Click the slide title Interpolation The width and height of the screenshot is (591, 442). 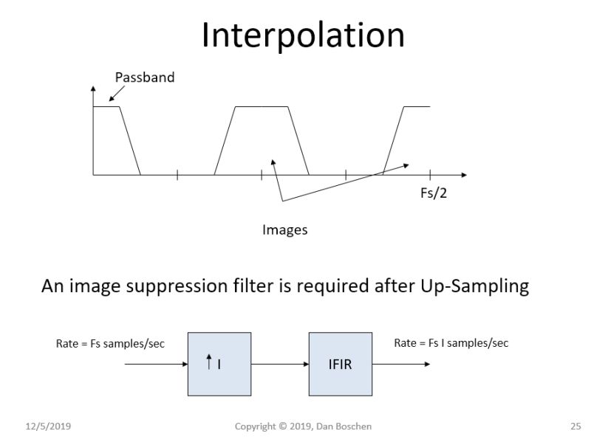coord(303,35)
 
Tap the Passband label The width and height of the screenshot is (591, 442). coord(145,77)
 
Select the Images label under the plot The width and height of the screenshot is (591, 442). coord(284,230)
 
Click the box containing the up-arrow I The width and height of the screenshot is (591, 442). coord(219,363)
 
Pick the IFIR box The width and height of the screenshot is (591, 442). coord(340,363)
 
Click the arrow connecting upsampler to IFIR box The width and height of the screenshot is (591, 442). coord(280,363)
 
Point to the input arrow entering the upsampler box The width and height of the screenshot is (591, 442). coord(156,363)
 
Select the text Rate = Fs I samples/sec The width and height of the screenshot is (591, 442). coord(451,342)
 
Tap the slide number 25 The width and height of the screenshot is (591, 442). coord(575,426)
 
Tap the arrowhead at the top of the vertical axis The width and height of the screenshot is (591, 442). coord(93,89)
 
